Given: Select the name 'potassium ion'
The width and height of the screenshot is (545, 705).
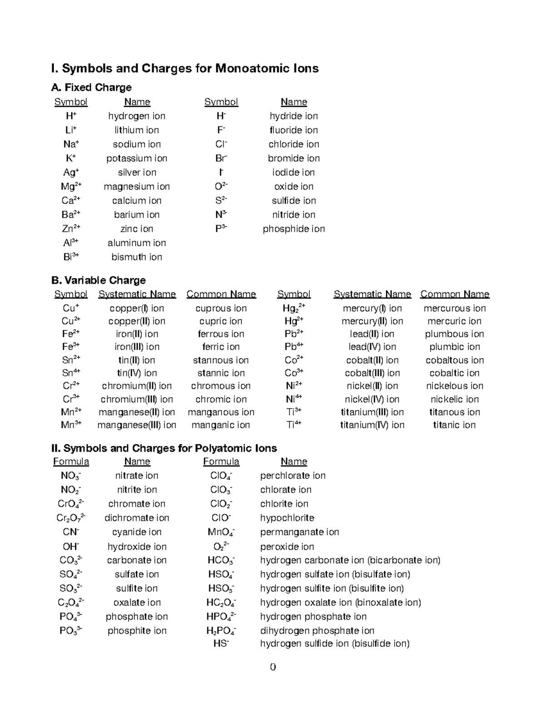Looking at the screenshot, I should point(137,158).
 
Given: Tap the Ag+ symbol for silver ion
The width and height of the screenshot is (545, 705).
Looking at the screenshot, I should point(71,173).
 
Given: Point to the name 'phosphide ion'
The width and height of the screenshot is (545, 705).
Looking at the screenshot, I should point(294,229).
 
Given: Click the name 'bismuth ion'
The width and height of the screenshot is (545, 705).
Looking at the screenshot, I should point(137,257).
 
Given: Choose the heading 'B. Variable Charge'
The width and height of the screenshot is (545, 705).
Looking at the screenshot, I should point(99,280).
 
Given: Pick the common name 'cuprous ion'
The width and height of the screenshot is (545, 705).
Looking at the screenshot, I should point(221,309).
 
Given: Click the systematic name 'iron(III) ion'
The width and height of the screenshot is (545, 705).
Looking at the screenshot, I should point(137,347).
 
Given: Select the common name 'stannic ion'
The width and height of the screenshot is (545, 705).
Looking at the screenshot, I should point(221,373).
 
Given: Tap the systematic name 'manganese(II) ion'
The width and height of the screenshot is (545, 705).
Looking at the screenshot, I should point(137,412).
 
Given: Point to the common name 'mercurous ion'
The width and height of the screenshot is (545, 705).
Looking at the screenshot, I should point(455,309).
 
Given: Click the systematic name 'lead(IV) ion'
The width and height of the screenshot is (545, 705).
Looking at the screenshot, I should point(372,347).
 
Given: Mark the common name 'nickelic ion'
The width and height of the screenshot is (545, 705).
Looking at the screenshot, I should point(455,399).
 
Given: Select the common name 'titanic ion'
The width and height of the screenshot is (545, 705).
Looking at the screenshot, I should point(455,425).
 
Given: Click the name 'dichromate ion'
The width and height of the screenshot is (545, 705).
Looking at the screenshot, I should point(137,518).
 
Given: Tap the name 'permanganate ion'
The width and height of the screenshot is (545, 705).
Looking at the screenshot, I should point(299,532).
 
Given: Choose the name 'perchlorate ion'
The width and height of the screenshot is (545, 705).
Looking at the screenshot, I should point(292,476).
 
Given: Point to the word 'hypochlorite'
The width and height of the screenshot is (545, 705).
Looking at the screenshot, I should point(287,518).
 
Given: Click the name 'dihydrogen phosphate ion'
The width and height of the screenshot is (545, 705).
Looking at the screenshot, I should point(317,631).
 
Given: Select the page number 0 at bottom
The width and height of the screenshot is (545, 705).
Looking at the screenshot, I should point(272,667).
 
